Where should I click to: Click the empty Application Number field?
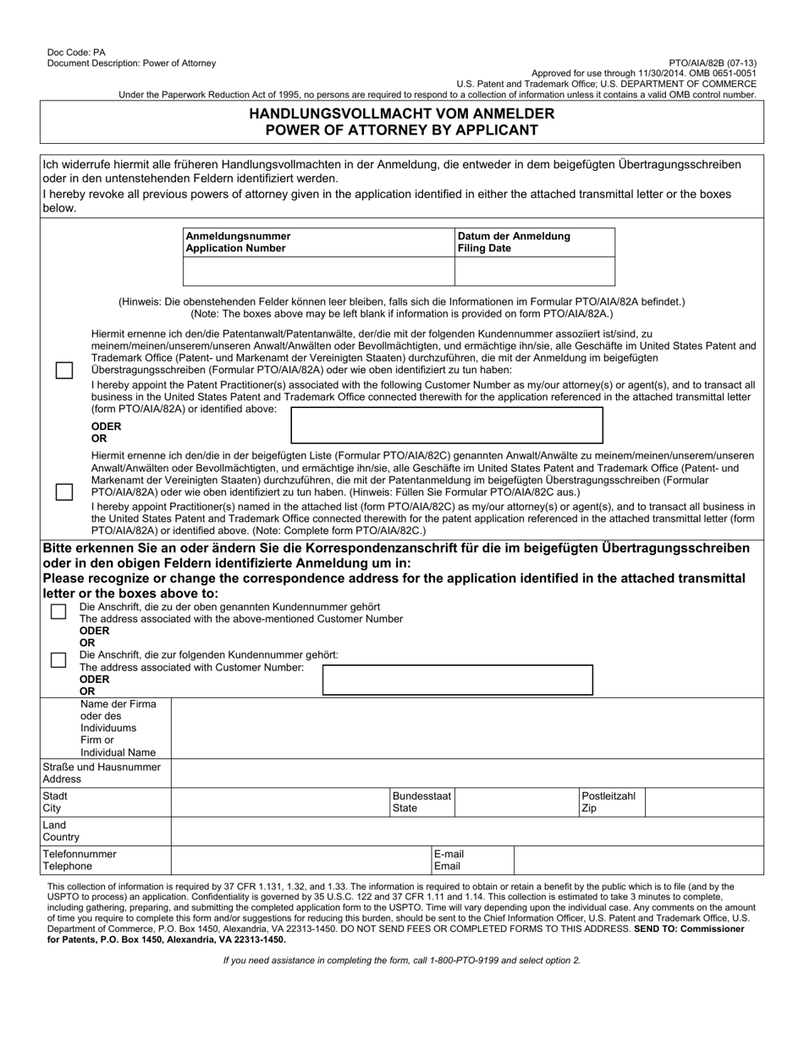318,271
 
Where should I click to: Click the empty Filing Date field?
535,271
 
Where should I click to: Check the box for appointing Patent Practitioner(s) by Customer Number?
64,371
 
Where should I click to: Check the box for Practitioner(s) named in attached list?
64,492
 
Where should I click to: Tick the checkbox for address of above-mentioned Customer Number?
58,612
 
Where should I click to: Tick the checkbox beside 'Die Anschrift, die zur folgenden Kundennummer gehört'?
58,660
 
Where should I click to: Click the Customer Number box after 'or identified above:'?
447,425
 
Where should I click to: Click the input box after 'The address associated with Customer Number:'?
458,680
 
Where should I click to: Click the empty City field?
279,801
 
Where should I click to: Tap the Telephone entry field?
300,860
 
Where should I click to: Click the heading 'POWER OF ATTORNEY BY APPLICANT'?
402,130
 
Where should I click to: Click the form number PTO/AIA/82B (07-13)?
713,63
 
